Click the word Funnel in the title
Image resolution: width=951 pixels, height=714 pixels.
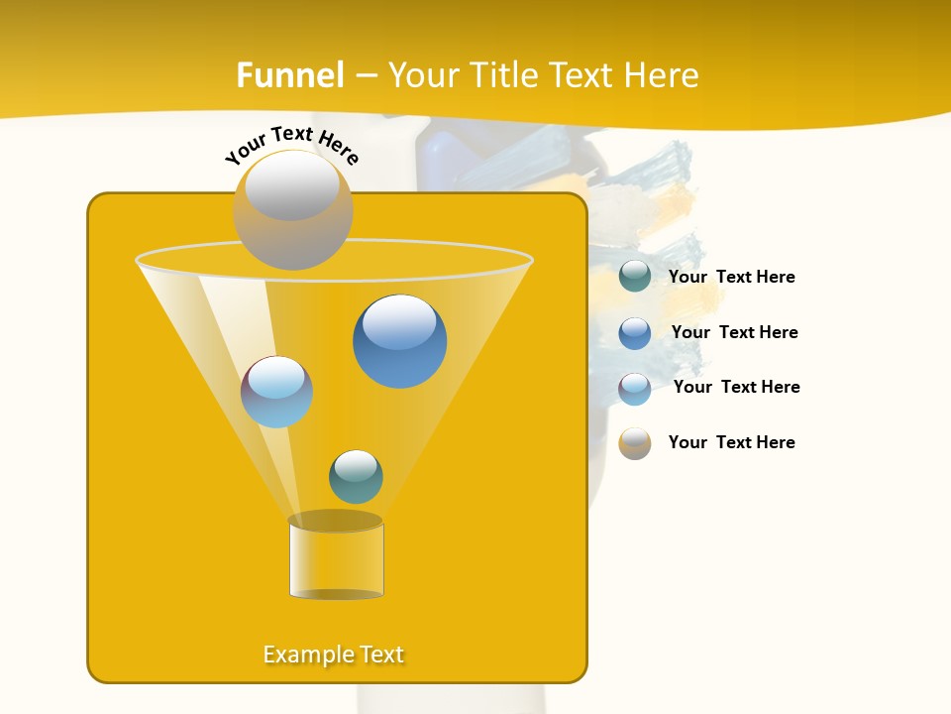point(289,75)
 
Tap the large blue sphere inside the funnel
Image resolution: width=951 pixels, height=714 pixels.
point(399,342)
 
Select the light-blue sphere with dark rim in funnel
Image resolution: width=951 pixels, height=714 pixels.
point(276,392)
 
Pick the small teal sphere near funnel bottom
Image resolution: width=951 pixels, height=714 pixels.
point(356,477)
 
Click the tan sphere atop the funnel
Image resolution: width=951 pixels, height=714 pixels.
point(292,210)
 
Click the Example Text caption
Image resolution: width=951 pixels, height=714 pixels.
point(334,654)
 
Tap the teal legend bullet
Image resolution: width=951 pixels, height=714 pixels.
point(635,276)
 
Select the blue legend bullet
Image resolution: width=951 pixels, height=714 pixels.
point(635,332)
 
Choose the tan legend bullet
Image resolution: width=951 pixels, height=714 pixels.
point(635,443)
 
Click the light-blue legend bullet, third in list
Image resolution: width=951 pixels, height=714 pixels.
point(635,388)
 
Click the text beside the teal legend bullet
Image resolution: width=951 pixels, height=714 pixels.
point(731,277)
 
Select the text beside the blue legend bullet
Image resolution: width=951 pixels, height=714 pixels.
point(734,332)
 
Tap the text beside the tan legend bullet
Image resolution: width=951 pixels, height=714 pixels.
point(731,442)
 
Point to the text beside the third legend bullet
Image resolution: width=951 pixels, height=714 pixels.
point(736,387)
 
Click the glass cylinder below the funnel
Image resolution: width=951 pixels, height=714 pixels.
point(336,559)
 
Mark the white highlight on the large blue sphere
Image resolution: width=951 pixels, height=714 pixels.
point(399,321)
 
